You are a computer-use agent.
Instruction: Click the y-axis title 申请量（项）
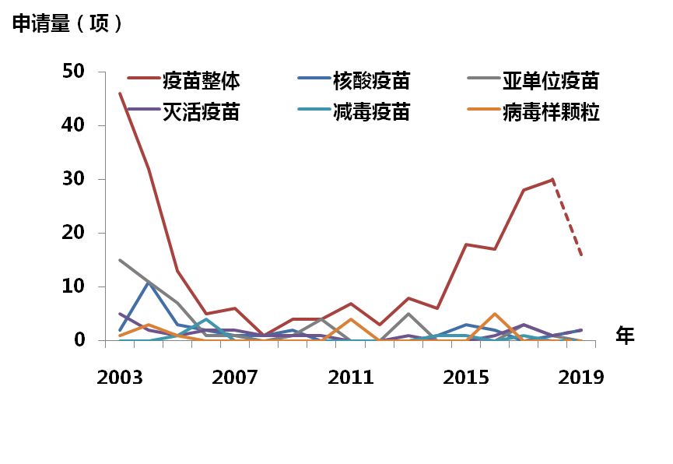[x=68, y=24]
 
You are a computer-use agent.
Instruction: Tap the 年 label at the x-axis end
[x=626, y=336]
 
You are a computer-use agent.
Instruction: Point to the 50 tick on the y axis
[x=75, y=72]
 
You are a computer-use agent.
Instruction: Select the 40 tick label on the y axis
[x=75, y=126]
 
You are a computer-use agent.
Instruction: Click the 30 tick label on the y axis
[x=75, y=180]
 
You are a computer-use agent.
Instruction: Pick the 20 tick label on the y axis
[x=75, y=234]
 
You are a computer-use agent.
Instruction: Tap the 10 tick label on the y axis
[x=75, y=287]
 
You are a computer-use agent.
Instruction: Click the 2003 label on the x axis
[x=120, y=378]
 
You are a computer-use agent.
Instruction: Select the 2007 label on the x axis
[x=235, y=378]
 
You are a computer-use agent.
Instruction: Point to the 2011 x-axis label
[x=350, y=378]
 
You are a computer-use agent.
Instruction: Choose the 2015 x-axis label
[x=465, y=378]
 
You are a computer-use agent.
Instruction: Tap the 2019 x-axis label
[x=580, y=378]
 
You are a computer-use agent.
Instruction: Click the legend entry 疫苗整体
[x=201, y=80]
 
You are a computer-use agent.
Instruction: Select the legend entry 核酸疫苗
[x=371, y=80]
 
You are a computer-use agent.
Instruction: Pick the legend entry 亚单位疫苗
[x=550, y=80]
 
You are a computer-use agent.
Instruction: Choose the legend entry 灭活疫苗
[x=201, y=112]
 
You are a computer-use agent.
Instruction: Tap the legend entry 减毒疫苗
[x=371, y=112]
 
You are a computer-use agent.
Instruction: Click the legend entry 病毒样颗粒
[x=550, y=112]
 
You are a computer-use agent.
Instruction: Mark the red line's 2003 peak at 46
[x=120, y=93]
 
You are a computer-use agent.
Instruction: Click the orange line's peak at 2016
[x=495, y=314]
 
